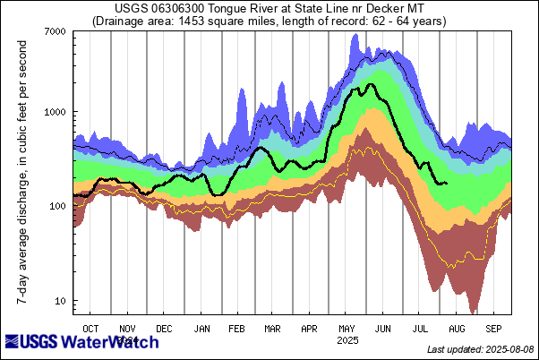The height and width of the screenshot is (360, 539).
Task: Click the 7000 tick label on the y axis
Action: [x=56, y=32]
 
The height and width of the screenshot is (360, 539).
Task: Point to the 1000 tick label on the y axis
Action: [x=56, y=113]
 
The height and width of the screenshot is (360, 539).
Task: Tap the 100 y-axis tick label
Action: [x=58, y=207]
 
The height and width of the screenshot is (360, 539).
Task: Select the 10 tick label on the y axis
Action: [x=61, y=301]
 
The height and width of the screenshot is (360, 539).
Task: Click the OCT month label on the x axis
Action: [x=90, y=328]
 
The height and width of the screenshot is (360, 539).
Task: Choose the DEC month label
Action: [x=165, y=328]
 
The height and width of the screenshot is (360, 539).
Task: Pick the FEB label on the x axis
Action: [x=237, y=328]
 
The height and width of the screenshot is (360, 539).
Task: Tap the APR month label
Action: [x=309, y=328]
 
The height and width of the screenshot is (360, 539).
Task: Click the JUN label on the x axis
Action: [x=383, y=328]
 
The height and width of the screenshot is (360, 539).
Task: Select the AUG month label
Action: [x=457, y=328]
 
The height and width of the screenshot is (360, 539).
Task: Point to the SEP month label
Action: [x=493, y=328]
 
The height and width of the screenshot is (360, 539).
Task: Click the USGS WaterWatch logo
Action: [x=81, y=342]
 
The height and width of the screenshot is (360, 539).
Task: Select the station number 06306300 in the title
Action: [x=183, y=9]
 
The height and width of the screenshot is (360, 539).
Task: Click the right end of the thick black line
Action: [x=446, y=184]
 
